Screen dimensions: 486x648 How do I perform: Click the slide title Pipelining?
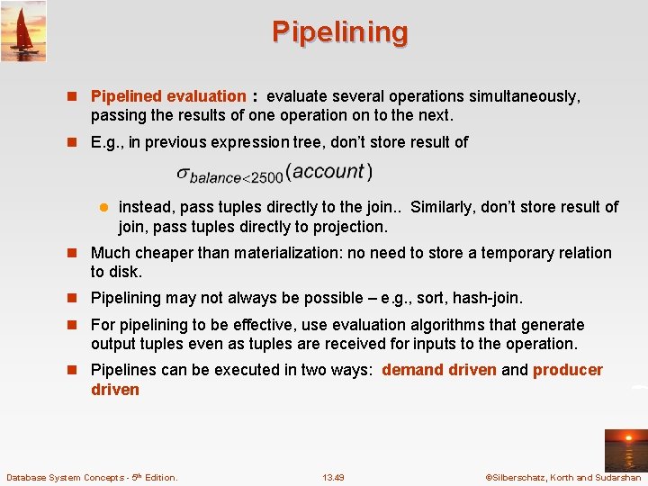(x=340, y=32)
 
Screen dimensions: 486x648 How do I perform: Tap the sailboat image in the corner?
(x=23, y=31)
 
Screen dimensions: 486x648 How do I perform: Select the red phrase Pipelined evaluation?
(x=168, y=96)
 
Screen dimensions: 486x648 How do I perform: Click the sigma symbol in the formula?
(x=183, y=174)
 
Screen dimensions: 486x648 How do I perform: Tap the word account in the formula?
(x=328, y=171)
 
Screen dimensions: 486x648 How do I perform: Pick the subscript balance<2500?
(x=235, y=178)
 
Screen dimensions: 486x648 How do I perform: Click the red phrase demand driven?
(x=438, y=370)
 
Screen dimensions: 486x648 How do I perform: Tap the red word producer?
(x=568, y=370)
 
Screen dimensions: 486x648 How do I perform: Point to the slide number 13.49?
(x=333, y=477)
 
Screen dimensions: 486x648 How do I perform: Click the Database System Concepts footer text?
(x=92, y=477)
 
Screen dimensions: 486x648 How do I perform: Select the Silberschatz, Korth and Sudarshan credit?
(x=563, y=477)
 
